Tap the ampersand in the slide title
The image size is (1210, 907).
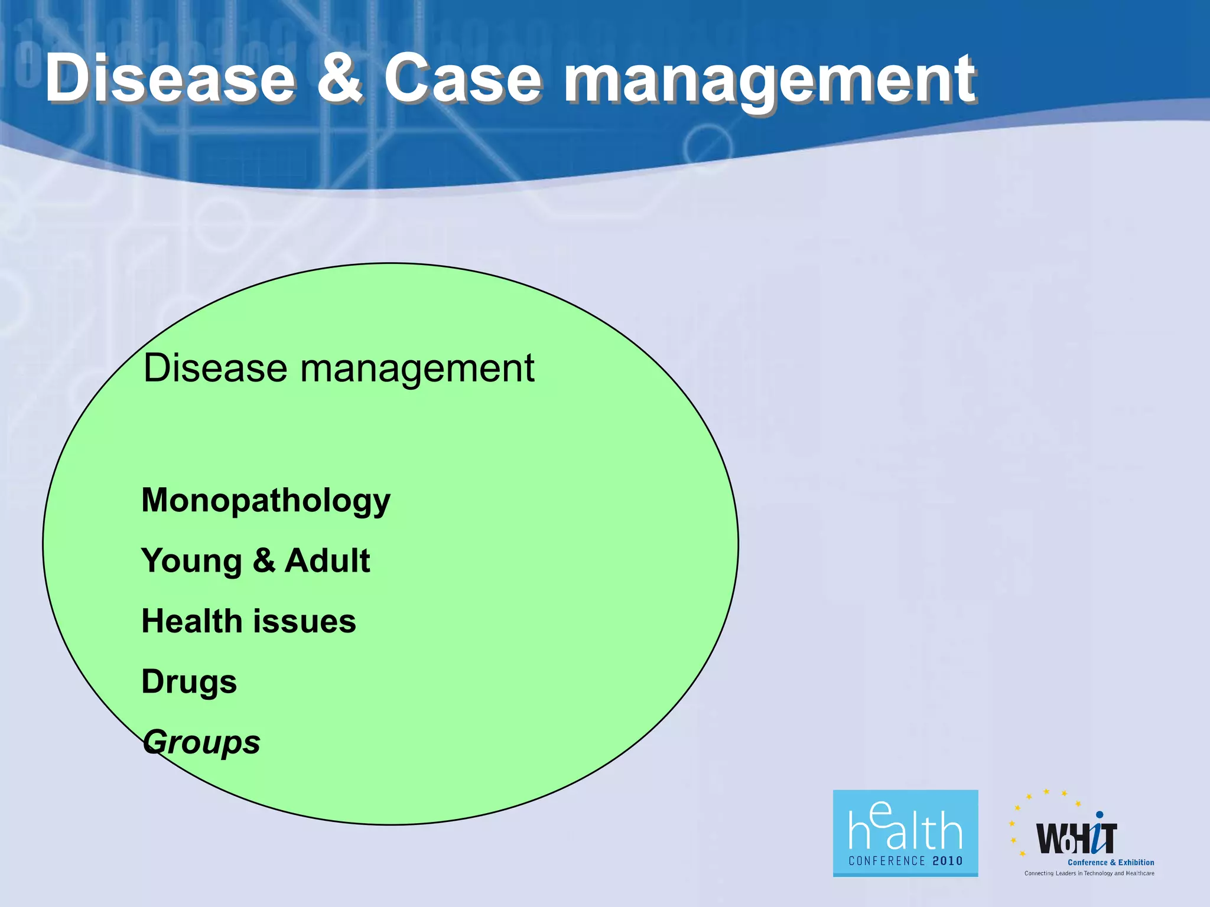340,78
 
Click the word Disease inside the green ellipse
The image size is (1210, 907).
215,368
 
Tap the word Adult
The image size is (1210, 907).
327,560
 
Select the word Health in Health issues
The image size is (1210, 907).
192,621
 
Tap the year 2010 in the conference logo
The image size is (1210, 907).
948,861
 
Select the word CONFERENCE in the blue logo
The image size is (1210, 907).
887,861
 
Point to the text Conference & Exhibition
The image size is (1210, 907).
1111,862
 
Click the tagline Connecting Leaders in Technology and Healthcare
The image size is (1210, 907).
1089,873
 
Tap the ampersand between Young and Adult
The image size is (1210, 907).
264,560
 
